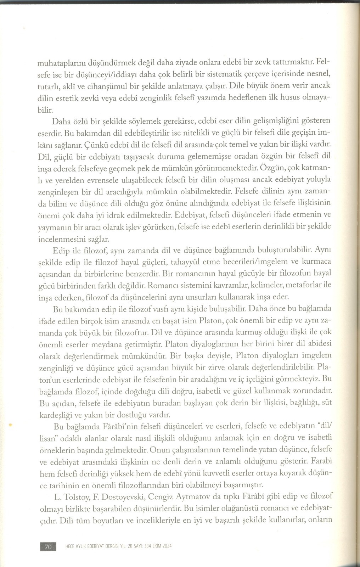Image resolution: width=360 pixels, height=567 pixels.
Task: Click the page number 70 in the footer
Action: pyautogui.click(x=48, y=546)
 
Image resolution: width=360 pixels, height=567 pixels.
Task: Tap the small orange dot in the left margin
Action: pyautogui.click(x=11, y=424)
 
